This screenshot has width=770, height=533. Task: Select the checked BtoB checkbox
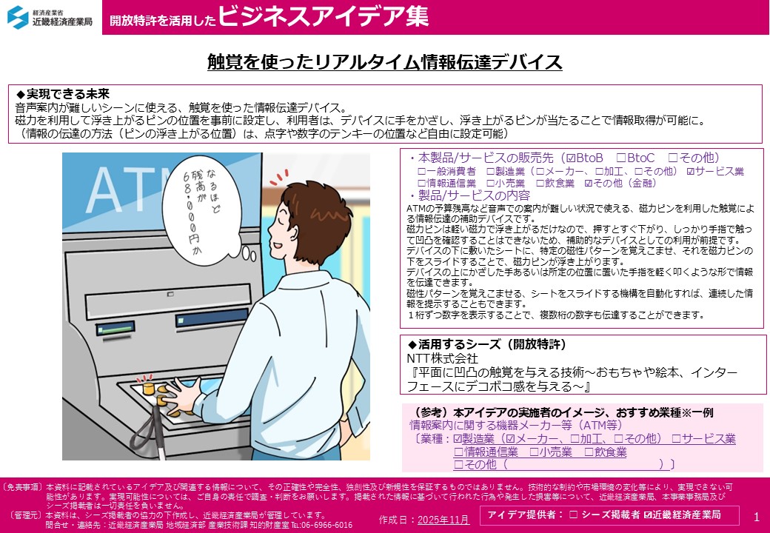(x=569, y=158)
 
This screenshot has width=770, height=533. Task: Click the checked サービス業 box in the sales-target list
(x=691, y=172)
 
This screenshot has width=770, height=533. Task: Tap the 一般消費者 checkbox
(x=421, y=172)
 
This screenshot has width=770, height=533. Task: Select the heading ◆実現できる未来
(x=62, y=94)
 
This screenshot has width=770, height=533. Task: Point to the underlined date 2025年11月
(x=443, y=520)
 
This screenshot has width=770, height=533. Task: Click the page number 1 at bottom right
(x=756, y=516)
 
